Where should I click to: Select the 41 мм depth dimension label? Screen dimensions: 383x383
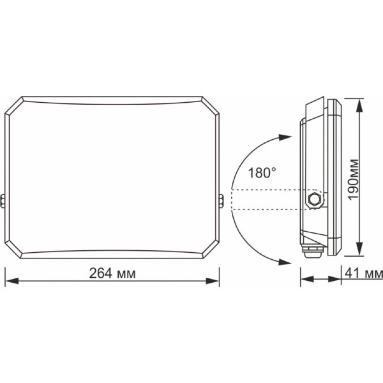tap(363, 273)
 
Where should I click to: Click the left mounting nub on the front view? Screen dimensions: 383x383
tap(3, 201)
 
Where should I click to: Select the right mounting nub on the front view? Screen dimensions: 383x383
tap(221, 201)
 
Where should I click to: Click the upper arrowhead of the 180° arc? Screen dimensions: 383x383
tap(284, 137)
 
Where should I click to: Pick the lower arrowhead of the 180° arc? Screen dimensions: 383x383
tap(284, 262)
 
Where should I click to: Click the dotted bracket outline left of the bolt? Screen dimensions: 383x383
tap(268, 200)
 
